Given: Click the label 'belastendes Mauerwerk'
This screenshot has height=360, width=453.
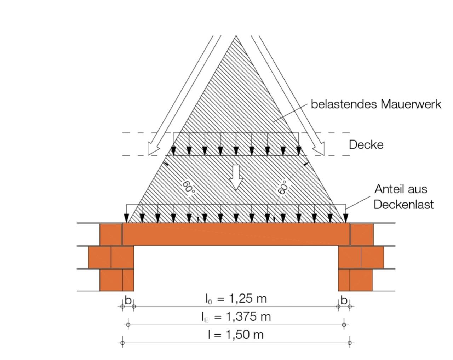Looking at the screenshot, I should pos(376,104).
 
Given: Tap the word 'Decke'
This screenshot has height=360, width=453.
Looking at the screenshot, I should pos(366,144).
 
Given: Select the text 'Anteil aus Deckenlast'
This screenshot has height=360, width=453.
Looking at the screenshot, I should pos(403,197).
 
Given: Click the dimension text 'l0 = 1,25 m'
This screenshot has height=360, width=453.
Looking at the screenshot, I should pos(236,299).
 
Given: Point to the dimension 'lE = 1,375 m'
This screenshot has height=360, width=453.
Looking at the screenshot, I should pos(236,316).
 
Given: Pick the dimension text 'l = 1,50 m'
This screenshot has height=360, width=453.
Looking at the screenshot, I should pos(236,335).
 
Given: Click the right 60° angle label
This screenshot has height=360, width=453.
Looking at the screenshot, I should pos(283,187).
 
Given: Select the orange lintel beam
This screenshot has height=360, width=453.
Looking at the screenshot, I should pos(236,234).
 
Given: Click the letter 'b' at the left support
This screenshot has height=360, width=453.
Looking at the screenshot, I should pos(128,300).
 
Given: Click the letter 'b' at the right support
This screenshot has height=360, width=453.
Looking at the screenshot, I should pos(344,300).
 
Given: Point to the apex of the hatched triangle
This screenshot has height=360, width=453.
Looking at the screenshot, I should pos(236,36).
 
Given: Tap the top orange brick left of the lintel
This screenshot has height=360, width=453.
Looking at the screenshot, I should pos(111,234).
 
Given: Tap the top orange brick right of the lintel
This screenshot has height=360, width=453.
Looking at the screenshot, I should pos(362,234).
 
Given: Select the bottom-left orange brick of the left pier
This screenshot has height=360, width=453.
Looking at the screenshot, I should pos(111,280).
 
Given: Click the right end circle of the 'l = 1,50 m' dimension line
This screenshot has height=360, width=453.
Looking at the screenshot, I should pos(350,343).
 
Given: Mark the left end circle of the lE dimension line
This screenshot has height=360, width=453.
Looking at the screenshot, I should pos(128,324).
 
